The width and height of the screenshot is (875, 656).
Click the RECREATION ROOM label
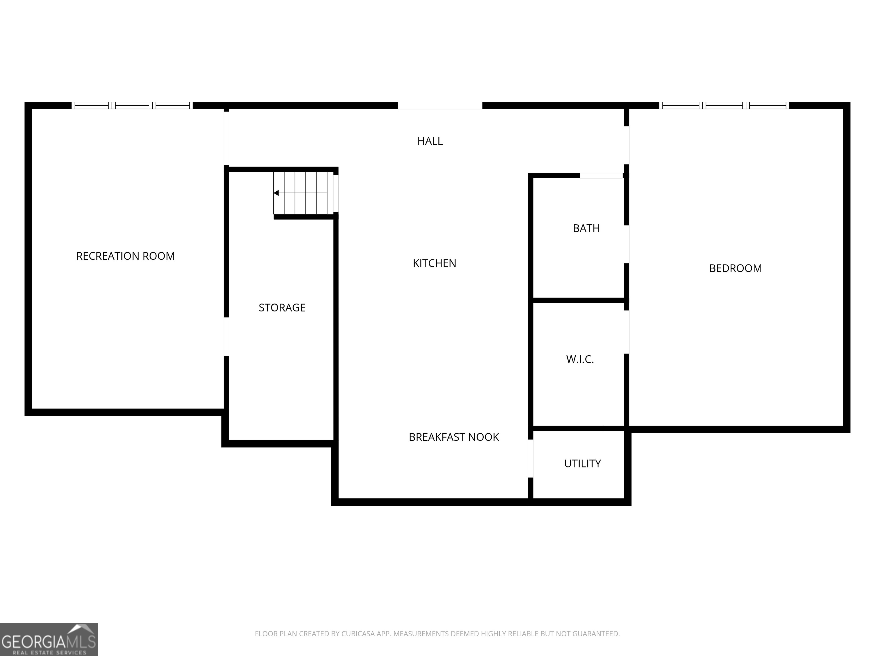click(x=125, y=256)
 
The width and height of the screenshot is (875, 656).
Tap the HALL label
click(x=430, y=141)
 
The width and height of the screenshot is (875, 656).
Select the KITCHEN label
click(x=434, y=263)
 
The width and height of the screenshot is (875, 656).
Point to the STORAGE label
click(x=282, y=307)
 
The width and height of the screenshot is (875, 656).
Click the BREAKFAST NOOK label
click(x=454, y=437)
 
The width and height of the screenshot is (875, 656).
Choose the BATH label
click(x=586, y=229)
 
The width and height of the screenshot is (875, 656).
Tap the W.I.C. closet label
click(x=580, y=359)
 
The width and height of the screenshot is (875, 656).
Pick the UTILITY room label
click(x=582, y=464)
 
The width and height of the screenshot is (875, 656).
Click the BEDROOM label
click(x=735, y=268)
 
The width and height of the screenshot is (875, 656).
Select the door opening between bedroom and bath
click(x=627, y=244)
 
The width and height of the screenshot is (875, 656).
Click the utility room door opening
click(x=531, y=459)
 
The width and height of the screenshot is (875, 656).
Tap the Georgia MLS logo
click(x=49, y=639)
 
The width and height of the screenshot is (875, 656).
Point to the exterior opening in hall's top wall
click(x=440, y=106)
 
